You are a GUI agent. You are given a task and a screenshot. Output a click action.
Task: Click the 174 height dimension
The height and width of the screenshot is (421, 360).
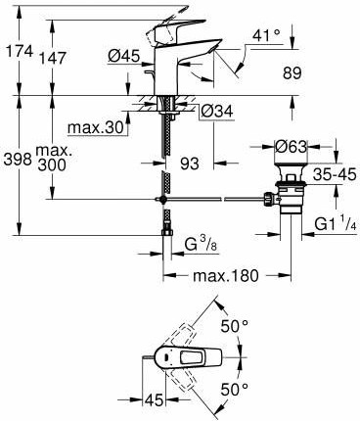pyautogui.click(x=18, y=52)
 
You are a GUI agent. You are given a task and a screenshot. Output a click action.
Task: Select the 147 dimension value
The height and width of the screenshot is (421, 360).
pyautogui.click(x=52, y=59)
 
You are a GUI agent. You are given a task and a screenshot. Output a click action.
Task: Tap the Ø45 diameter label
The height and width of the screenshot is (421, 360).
pyautogui.click(x=123, y=56)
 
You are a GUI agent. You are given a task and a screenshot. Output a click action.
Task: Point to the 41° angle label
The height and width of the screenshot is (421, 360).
pyautogui.click(x=266, y=35)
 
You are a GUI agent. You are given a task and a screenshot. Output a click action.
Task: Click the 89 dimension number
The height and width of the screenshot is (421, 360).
pyautogui.click(x=292, y=73)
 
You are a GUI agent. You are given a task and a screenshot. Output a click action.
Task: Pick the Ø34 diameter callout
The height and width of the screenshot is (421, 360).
pyautogui.click(x=217, y=112)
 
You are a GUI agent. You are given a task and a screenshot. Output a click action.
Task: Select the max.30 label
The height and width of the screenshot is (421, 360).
pyautogui.click(x=96, y=127)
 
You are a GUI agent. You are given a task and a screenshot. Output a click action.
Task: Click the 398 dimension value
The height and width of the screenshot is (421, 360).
pyautogui.click(x=18, y=160)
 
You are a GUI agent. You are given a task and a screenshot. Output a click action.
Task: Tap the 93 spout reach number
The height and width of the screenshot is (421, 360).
pyautogui.click(x=189, y=163)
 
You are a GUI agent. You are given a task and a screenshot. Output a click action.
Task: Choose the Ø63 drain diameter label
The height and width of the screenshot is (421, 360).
pyautogui.click(x=291, y=147)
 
